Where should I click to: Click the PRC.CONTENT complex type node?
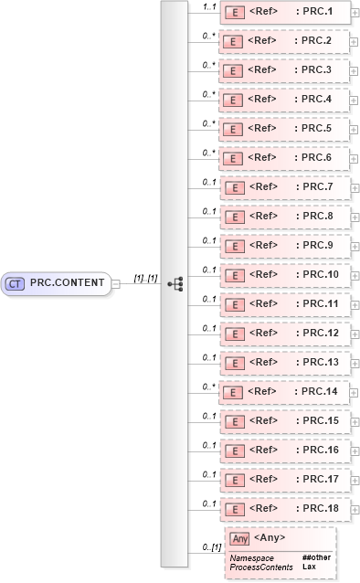[x=57, y=283]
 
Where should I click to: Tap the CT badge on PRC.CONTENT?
[x=15, y=283]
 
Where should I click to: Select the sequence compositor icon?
[x=175, y=284]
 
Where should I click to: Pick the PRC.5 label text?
[x=315, y=129]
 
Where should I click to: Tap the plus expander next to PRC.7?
[x=353, y=188]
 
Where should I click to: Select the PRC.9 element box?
[x=282, y=246]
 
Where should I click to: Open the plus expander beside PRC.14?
[x=353, y=392]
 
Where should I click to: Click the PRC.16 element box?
[x=282, y=450]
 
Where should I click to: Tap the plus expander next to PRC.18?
[x=353, y=509]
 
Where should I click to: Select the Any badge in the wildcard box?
[x=239, y=538]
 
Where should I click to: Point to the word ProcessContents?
[x=261, y=567]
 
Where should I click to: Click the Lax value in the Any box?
[x=309, y=567]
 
